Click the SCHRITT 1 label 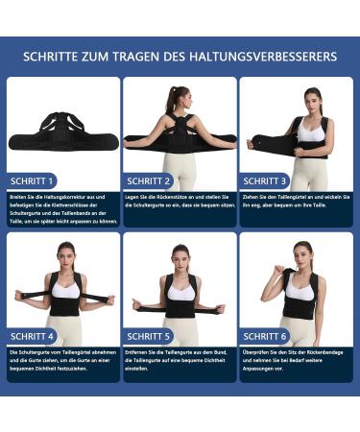coord(33,180)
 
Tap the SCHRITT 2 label coord(149,180)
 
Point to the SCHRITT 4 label coord(33,336)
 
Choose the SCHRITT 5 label coord(149,336)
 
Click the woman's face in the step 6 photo coord(300,252)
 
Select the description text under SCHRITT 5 coord(179,362)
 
